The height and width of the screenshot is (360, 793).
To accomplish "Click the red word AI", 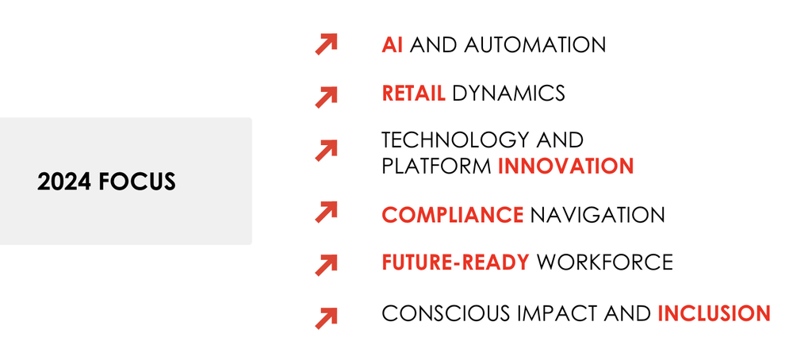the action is (393, 45).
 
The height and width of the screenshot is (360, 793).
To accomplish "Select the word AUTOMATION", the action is (535, 45).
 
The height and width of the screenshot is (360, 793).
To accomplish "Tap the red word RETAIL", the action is (414, 93).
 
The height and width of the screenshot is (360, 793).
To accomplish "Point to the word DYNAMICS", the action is (508, 93).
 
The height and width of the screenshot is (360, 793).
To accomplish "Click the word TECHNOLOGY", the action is (449, 140).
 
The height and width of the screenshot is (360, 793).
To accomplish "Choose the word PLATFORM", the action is (436, 166).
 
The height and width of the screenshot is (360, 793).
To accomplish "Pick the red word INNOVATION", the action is (566, 166).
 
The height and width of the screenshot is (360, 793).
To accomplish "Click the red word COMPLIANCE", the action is (453, 215).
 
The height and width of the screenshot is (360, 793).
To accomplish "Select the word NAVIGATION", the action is (597, 215).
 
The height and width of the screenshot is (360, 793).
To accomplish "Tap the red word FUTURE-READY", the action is (456, 262).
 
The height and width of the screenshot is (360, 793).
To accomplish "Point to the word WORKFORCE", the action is (604, 262).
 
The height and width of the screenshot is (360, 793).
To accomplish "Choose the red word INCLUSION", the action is (714, 313).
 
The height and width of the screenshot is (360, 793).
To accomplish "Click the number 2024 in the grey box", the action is (64, 182).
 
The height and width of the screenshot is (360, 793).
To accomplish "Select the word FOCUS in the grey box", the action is (137, 182).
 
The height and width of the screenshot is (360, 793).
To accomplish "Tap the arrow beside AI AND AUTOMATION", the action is (326, 44).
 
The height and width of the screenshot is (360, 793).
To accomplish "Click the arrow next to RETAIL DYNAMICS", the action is (326, 97).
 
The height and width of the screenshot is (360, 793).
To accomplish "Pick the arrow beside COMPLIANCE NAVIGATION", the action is (326, 212).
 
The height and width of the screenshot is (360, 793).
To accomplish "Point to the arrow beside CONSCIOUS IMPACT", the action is (326, 318).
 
